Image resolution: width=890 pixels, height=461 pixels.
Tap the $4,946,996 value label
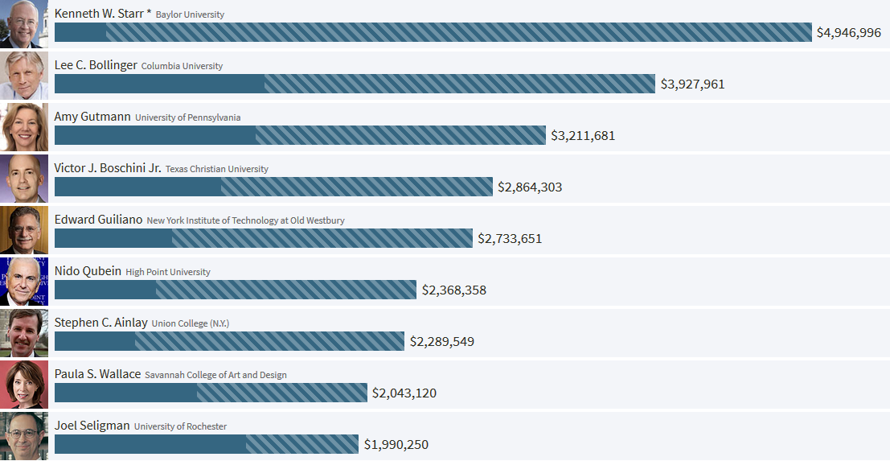click(x=848, y=33)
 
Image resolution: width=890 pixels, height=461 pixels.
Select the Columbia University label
click(x=182, y=66)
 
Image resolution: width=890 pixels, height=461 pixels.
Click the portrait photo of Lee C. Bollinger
click(x=24, y=76)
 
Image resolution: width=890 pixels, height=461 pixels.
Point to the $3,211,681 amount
click(x=582, y=136)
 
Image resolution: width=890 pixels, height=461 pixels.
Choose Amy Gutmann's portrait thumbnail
click(x=24, y=127)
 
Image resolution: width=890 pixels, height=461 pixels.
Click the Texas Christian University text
click(x=217, y=169)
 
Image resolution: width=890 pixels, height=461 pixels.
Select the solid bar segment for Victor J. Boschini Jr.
click(x=137, y=187)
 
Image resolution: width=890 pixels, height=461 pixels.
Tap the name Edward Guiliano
click(x=98, y=220)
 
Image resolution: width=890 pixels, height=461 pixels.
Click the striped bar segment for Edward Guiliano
click(x=322, y=238)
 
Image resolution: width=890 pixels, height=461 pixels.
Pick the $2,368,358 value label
click(x=453, y=290)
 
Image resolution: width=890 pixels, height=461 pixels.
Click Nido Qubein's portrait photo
click(x=24, y=282)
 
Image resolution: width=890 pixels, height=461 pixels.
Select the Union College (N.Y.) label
click(x=191, y=323)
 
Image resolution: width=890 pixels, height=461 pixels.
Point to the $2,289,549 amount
click(x=441, y=342)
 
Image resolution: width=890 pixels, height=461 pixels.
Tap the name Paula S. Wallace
click(x=97, y=374)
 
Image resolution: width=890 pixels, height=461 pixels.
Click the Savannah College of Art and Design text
click(x=215, y=375)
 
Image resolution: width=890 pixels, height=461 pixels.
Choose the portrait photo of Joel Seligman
click(x=24, y=436)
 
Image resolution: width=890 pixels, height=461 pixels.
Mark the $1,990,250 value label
click(x=396, y=445)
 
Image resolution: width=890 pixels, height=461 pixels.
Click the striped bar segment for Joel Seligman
click(x=301, y=444)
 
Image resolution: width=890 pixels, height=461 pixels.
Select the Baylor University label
click(x=190, y=14)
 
